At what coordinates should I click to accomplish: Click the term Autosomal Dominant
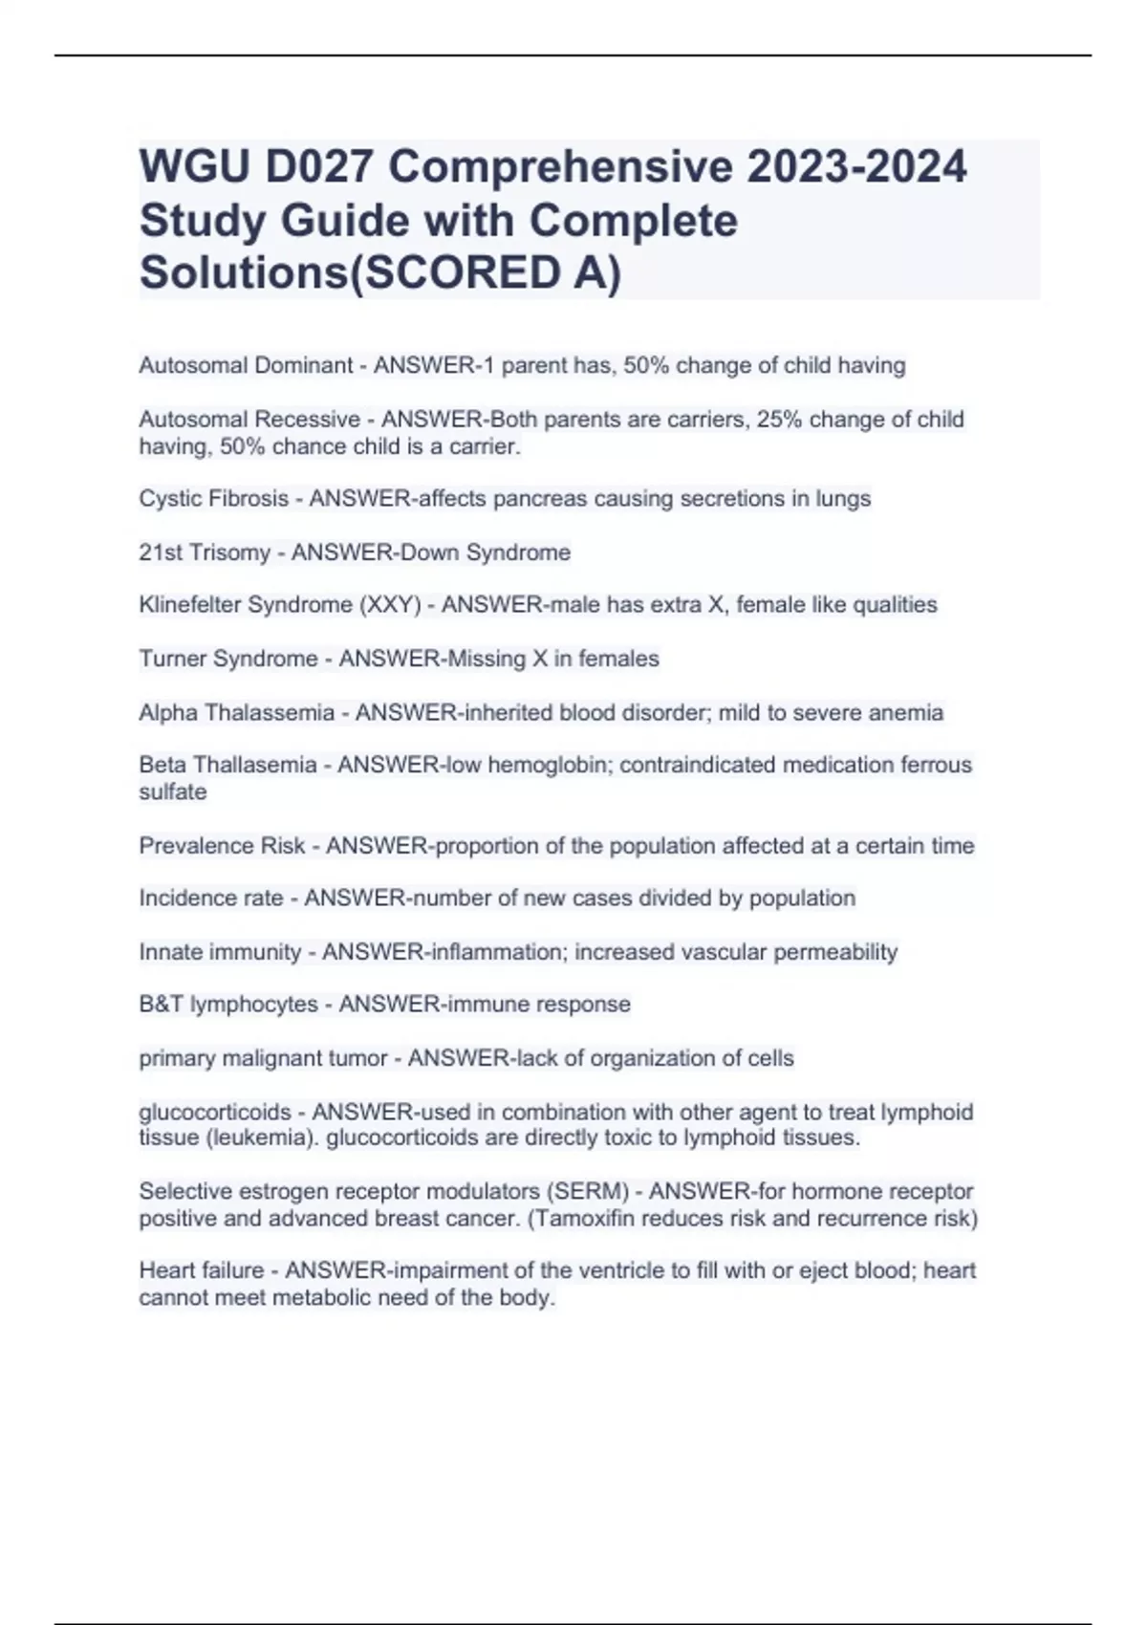tap(246, 365)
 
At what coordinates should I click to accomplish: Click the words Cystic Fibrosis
tap(213, 499)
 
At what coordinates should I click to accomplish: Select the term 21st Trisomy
tap(204, 552)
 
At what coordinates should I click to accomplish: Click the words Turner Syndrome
tap(227, 659)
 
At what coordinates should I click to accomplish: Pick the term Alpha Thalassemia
tap(236, 712)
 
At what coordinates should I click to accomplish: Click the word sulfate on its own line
tap(173, 791)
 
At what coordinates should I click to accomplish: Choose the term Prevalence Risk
tap(222, 846)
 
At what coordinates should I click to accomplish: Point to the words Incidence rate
tap(210, 899)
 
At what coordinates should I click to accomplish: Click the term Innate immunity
tap(220, 952)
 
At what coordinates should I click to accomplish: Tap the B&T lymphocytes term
tap(228, 1005)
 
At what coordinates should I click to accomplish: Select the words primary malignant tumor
tap(263, 1058)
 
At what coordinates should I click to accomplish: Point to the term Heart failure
tap(201, 1270)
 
